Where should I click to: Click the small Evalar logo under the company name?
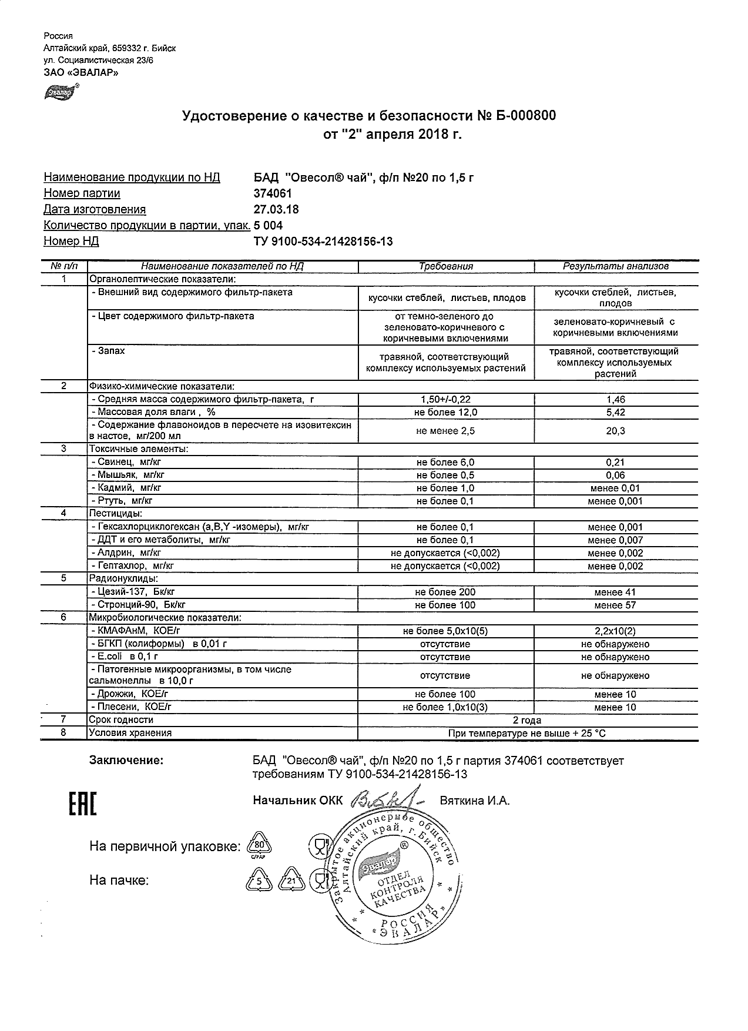click(x=59, y=92)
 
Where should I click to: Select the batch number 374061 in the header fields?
click(x=272, y=193)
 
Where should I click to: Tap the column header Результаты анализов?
click(x=615, y=266)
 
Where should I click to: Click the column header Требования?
click(x=445, y=266)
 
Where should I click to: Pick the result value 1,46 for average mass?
click(x=615, y=400)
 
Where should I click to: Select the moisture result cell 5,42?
click(x=615, y=413)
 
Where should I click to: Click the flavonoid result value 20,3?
click(x=615, y=431)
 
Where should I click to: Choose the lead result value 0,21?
click(x=615, y=463)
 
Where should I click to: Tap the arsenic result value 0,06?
click(x=615, y=476)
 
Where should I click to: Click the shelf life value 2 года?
click(x=527, y=720)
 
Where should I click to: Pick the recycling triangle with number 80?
click(x=258, y=845)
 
